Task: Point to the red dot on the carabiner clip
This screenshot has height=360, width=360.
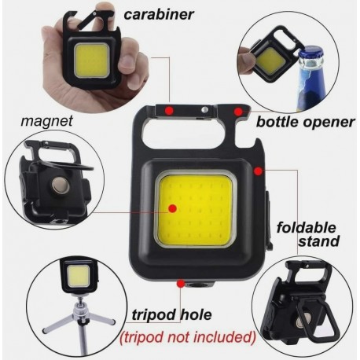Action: point(169,110)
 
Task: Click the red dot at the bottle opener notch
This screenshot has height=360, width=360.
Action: point(239,112)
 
